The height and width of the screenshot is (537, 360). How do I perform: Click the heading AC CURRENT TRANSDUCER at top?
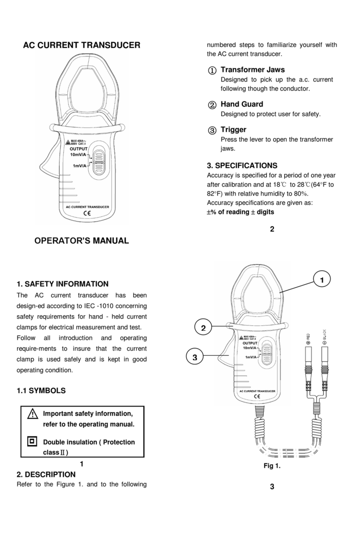tap(82, 45)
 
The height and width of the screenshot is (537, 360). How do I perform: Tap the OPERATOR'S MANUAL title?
tap(82, 241)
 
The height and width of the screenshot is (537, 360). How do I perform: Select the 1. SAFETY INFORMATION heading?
tap(62, 284)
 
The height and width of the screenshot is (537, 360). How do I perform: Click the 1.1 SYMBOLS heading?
tap(41, 391)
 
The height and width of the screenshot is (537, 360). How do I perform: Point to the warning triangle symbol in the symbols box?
tap(32, 414)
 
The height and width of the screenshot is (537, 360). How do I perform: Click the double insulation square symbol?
tap(32, 441)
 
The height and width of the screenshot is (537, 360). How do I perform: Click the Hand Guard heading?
tap(241, 104)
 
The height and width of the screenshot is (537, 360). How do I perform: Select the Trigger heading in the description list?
tap(233, 130)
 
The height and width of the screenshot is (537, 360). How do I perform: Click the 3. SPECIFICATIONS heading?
tap(242, 165)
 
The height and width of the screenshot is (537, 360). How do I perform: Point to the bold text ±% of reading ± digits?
tap(241, 212)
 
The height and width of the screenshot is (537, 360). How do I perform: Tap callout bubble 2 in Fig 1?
tap(203, 328)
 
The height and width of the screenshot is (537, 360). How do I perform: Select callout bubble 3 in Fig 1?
tap(194, 358)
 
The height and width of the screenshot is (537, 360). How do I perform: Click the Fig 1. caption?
tap(272, 466)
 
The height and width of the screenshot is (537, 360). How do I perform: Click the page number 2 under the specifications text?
tap(272, 230)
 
